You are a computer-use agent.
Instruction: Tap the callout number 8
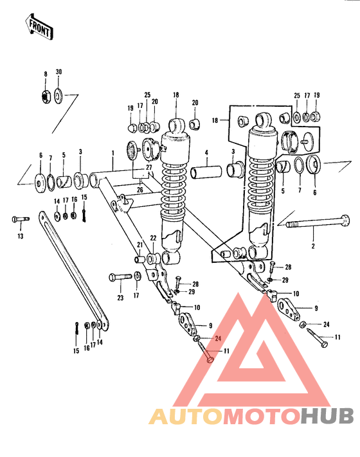(x=46, y=74)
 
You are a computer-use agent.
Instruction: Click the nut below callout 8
(x=46, y=96)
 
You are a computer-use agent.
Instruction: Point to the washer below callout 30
(x=59, y=96)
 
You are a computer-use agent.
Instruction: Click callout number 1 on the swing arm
(x=112, y=154)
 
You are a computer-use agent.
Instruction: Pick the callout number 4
(x=207, y=153)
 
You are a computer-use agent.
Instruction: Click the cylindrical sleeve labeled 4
(x=206, y=173)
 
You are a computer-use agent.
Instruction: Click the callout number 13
(x=20, y=237)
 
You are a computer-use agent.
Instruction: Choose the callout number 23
(x=120, y=297)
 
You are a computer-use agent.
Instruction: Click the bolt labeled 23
(x=119, y=277)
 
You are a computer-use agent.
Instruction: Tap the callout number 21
(x=139, y=245)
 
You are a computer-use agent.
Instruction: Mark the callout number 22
(x=153, y=238)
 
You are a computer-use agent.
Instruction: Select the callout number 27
(x=149, y=167)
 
